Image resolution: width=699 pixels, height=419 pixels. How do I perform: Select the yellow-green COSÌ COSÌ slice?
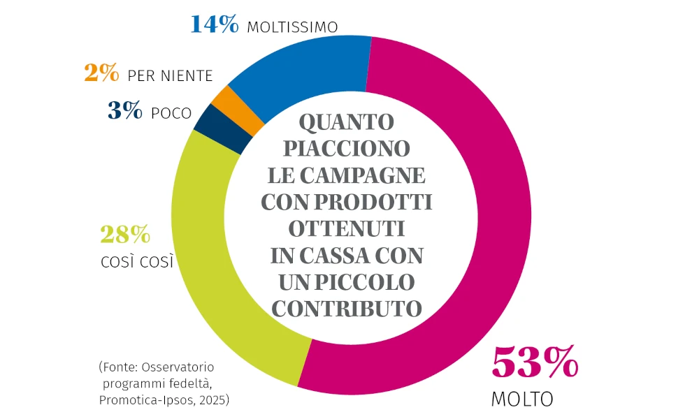[x=210, y=258]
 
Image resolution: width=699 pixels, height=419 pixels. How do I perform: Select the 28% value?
[x=126, y=235]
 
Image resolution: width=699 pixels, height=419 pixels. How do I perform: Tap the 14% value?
[x=215, y=24]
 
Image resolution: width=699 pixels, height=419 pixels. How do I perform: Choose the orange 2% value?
[x=101, y=74]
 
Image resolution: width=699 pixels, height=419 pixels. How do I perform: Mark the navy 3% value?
[x=125, y=111]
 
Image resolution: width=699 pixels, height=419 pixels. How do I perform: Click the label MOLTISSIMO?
[x=293, y=27]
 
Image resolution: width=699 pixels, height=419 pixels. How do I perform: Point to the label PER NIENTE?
[x=170, y=76]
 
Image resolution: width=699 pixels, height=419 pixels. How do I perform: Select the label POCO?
[x=171, y=113]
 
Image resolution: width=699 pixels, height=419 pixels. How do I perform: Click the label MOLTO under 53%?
[x=522, y=399]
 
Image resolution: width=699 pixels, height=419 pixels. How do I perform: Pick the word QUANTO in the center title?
[x=347, y=123]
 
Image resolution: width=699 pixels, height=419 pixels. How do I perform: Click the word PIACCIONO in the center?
[x=347, y=149]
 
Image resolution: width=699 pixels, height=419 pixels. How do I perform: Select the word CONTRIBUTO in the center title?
[x=347, y=308]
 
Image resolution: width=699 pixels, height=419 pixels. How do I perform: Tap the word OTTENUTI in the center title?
[x=347, y=228]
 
